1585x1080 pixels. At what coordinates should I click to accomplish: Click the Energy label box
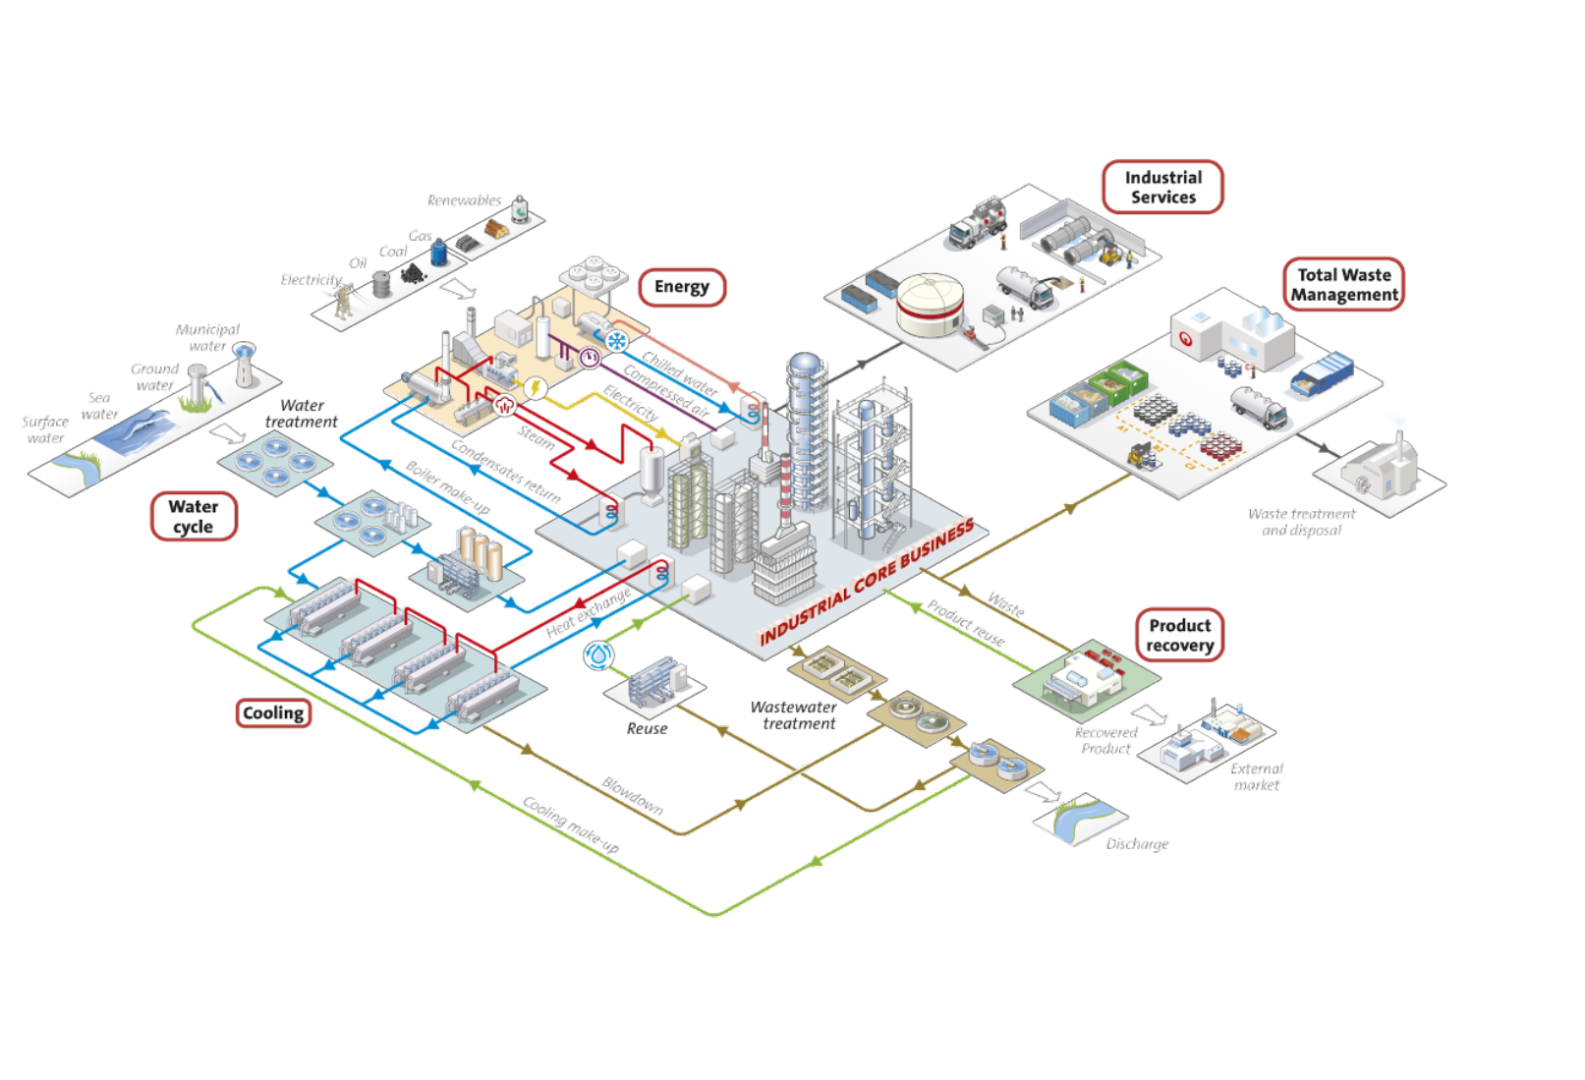coord(682,287)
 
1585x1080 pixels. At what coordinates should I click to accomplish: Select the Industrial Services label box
coord(1162,187)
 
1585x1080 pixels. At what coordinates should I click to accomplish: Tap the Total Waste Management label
coord(1343,285)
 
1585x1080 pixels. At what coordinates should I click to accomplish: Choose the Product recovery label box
coord(1179,636)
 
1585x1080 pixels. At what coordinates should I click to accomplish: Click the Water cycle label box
coord(194,517)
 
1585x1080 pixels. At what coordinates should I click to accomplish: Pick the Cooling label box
coord(273,713)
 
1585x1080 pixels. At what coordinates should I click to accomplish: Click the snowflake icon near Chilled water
coord(616,341)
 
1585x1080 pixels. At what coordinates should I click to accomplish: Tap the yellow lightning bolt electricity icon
coord(536,388)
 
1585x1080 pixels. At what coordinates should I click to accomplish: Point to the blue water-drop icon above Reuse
coord(598,654)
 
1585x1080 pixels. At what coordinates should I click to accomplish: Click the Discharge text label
coord(1137,844)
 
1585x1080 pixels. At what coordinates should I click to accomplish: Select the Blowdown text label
coord(633,796)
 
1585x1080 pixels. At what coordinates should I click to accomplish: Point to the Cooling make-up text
coord(570,824)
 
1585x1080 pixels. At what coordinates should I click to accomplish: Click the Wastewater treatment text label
coord(794,714)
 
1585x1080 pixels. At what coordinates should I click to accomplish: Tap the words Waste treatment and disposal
coord(1301,522)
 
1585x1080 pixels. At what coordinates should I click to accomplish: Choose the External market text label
coord(1257,776)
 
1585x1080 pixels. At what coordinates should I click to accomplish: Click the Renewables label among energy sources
coord(464,200)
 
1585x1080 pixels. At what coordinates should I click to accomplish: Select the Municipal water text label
coord(207,337)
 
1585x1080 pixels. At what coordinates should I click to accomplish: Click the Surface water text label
coord(45,429)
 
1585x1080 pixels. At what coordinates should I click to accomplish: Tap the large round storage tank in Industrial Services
coord(929,303)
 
